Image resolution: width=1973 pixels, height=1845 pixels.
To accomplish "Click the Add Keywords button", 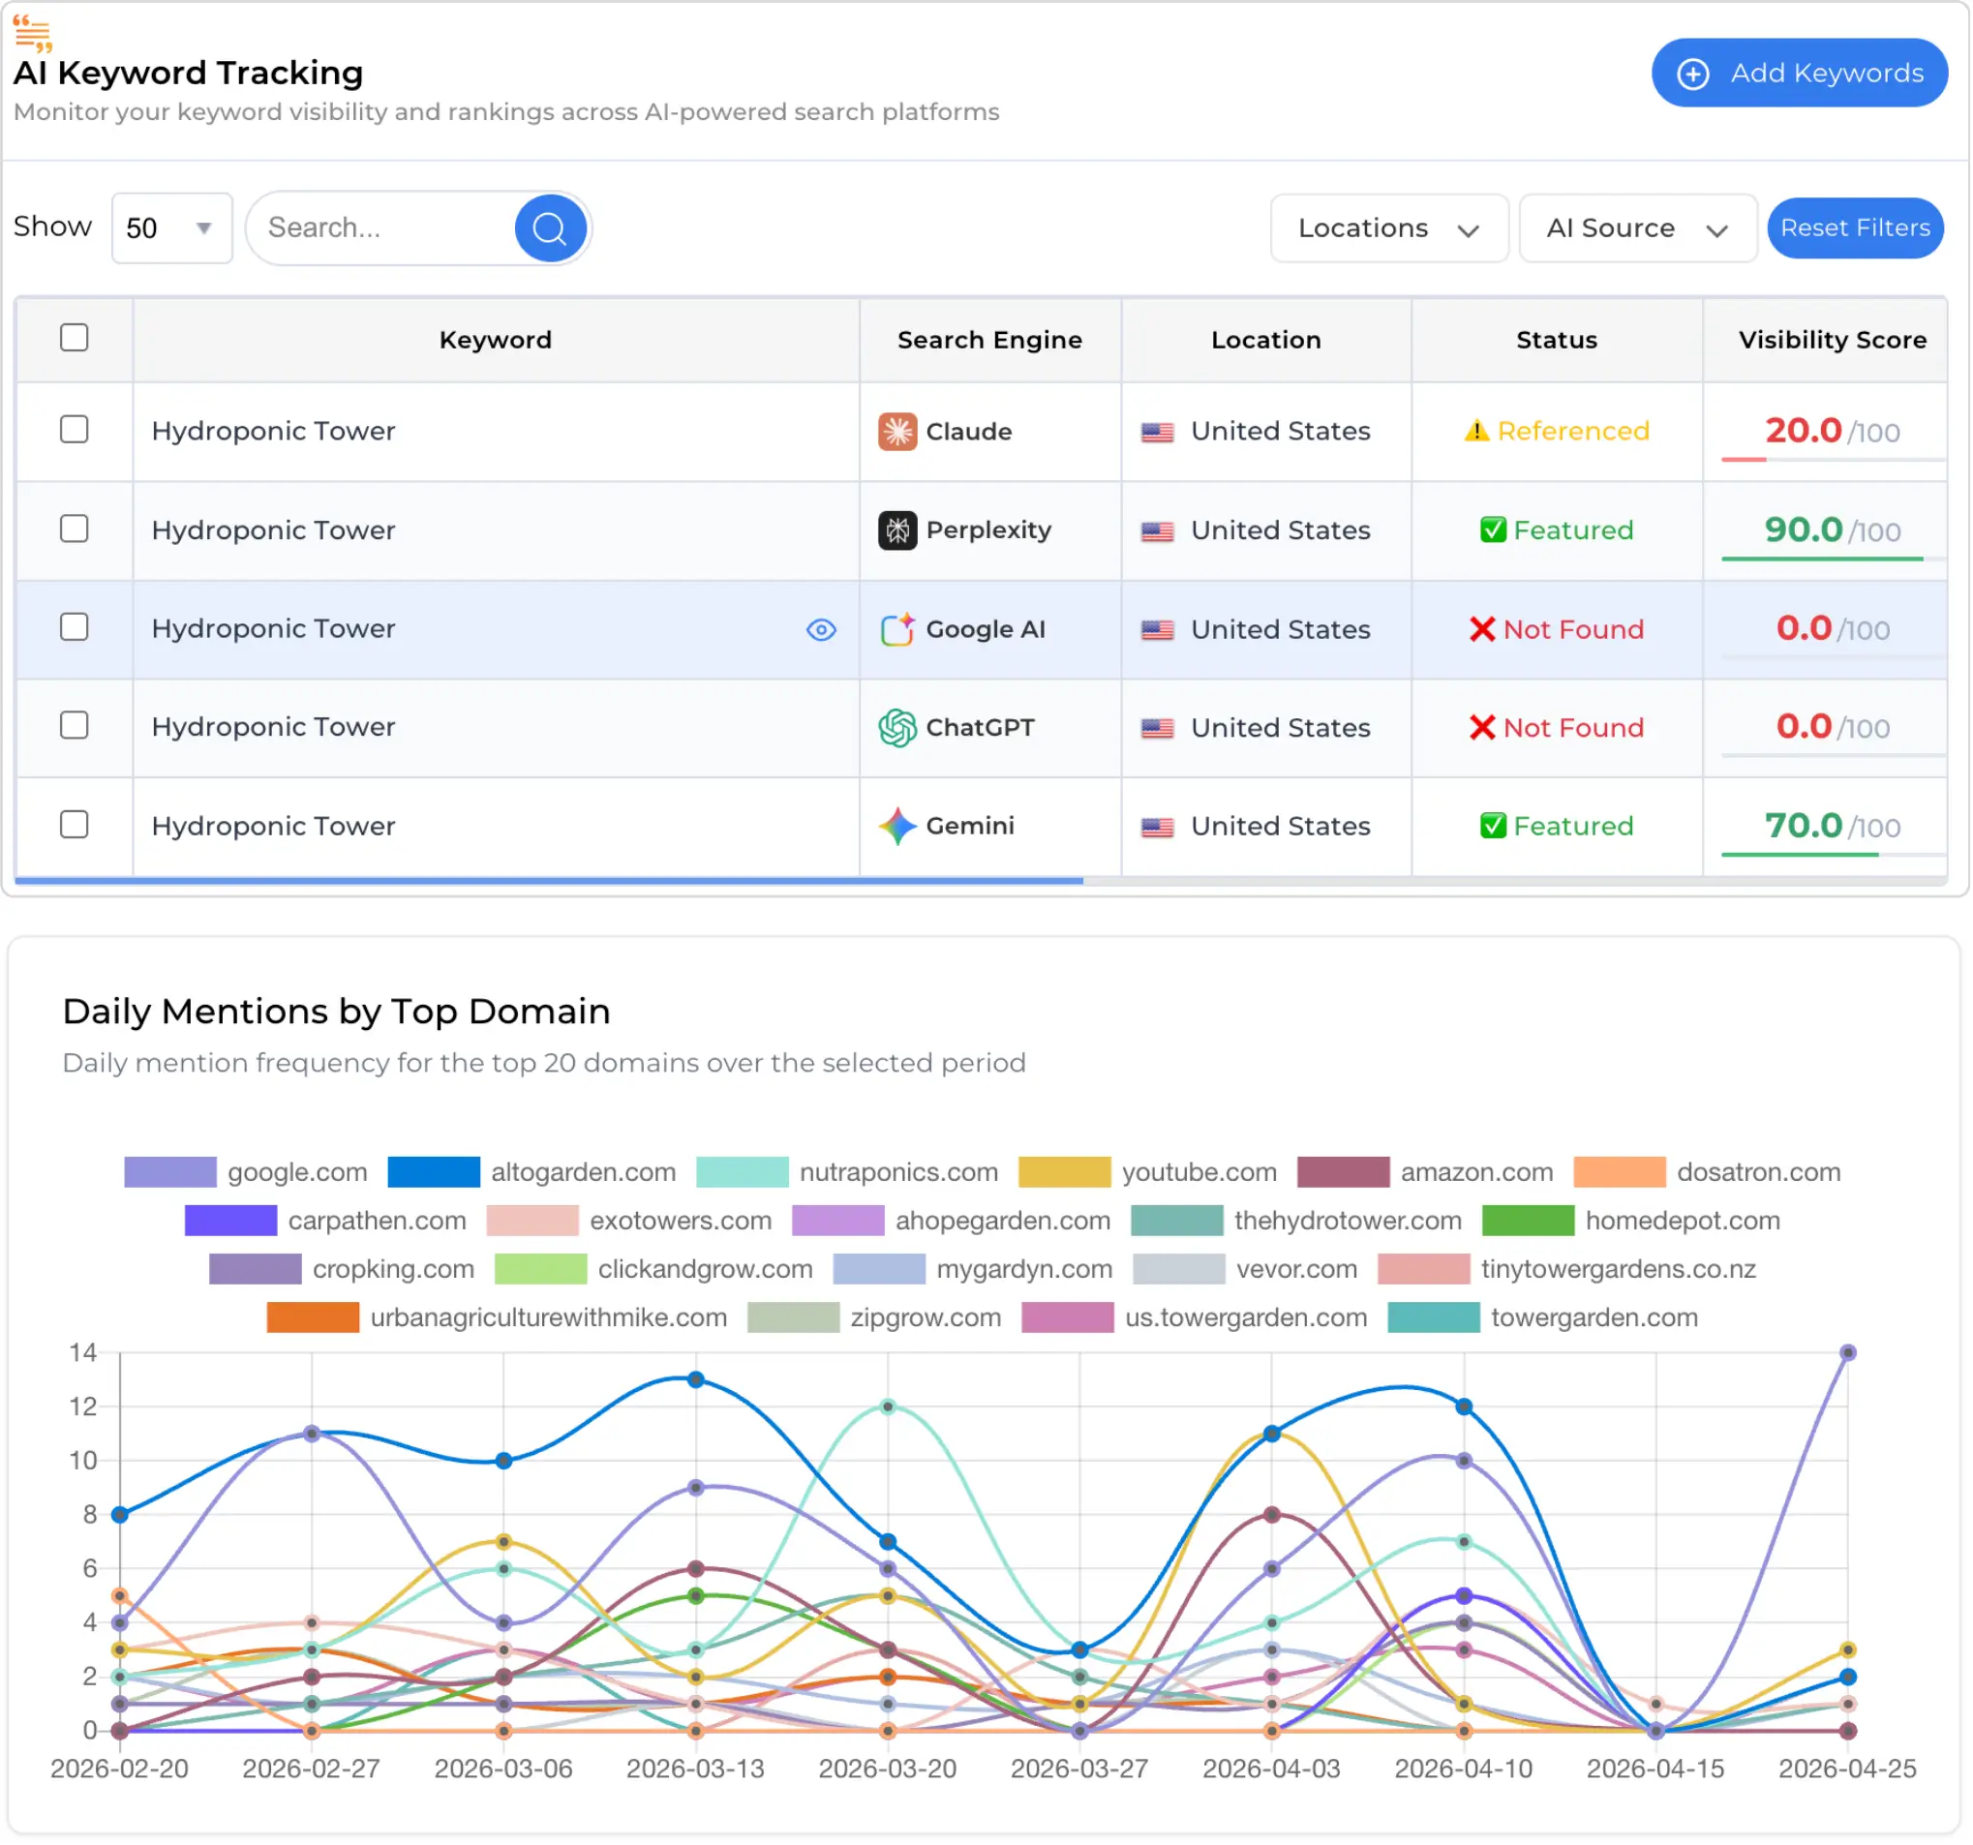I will click(x=1799, y=73).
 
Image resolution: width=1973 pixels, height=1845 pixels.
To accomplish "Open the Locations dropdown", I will click(x=1388, y=228).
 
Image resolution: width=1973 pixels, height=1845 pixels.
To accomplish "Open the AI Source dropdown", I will click(x=1636, y=228).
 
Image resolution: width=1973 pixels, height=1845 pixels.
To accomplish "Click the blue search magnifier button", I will click(x=549, y=228).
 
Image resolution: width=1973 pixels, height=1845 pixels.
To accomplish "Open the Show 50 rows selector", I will click(x=170, y=228).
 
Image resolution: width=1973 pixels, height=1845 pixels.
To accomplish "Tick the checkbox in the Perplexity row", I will click(x=75, y=529).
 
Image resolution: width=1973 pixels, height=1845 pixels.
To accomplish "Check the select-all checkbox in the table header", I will click(x=75, y=339).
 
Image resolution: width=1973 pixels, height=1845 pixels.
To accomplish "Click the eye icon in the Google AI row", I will click(x=821, y=630).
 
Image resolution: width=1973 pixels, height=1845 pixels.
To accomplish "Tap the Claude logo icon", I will click(x=897, y=432).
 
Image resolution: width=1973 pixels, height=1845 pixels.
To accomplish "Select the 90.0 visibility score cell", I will click(x=1831, y=530).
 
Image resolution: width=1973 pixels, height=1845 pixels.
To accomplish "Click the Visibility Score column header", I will click(x=1831, y=340).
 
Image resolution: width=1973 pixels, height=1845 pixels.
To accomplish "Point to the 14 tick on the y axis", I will click(x=83, y=1352).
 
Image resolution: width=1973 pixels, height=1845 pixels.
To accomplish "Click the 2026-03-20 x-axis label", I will click(x=887, y=1769).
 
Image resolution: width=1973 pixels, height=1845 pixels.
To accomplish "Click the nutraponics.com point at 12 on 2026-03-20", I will click(x=887, y=1407).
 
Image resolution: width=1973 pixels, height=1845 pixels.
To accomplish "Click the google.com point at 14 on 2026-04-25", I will click(x=1847, y=1352).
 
